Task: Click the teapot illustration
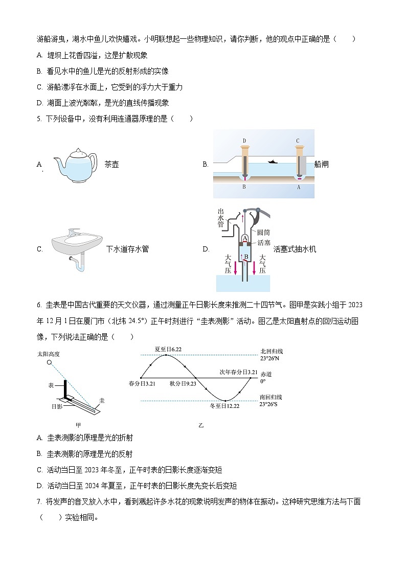[75, 165]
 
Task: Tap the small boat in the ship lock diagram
[273, 162]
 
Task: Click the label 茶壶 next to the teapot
[111, 165]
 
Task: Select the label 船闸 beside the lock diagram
[322, 164]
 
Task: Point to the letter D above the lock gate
[244, 141]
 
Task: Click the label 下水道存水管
[127, 249]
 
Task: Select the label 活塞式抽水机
[295, 249]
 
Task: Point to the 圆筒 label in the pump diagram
[264, 233]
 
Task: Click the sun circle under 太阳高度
[49, 362]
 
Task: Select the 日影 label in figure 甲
[57, 407]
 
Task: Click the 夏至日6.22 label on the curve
[168, 349]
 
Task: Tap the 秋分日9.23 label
[183, 383]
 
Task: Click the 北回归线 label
[272, 352]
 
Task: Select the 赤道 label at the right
[266, 374]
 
